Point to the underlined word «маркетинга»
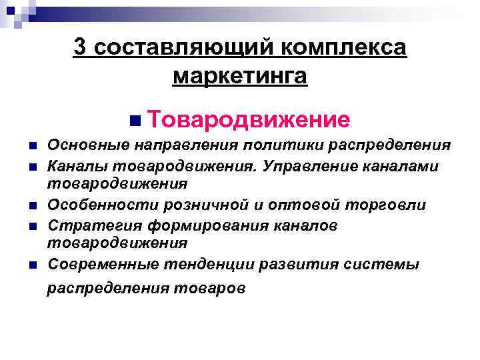click(x=240, y=76)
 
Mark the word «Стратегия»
click(x=85, y=225)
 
